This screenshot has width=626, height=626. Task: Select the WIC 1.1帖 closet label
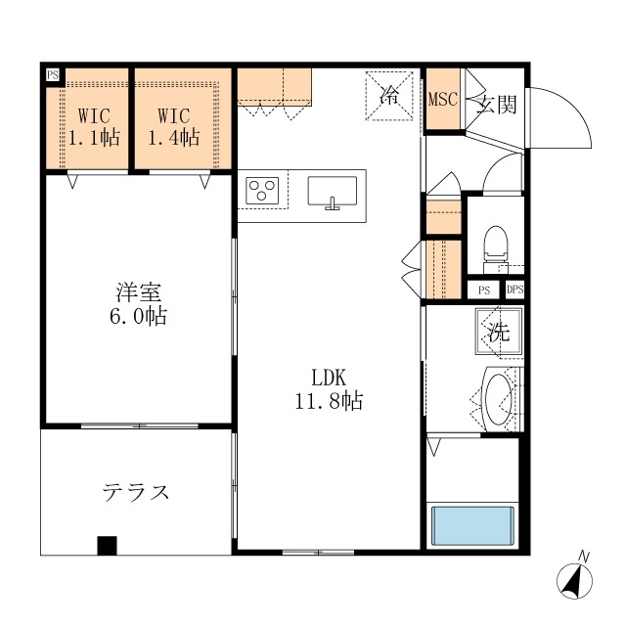[93, 125]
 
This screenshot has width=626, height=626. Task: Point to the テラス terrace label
[136, 491]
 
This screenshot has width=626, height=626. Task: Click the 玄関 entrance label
[496, 105]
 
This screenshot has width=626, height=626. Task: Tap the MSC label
[443, 99]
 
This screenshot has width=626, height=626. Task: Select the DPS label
[515, 290]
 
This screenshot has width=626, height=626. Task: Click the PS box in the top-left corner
[52, 74]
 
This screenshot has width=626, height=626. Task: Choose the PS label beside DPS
[484, 290]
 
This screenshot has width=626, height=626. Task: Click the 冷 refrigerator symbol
[388, 96]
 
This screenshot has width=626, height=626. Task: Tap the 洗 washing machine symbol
[499, 331]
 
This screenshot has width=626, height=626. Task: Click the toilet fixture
[496, 246]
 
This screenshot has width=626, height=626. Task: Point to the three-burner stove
[263, 189]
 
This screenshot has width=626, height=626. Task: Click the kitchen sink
[333, 192]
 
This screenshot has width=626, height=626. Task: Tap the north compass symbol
[576, 577]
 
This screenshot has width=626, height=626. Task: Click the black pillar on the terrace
[107, 546]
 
